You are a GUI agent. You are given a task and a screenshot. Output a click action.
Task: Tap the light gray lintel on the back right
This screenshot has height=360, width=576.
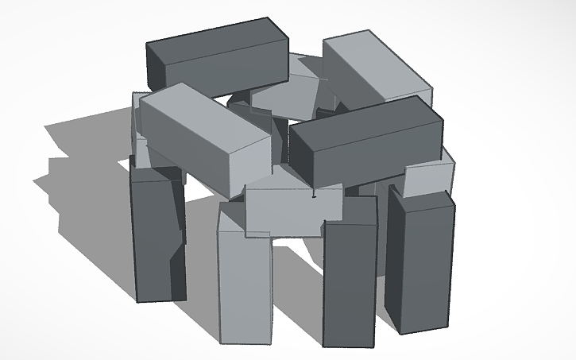373,72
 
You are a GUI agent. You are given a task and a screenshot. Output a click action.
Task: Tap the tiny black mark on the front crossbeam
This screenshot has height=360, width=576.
315,193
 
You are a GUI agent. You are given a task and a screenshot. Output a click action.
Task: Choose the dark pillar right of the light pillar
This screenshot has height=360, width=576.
348,282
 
